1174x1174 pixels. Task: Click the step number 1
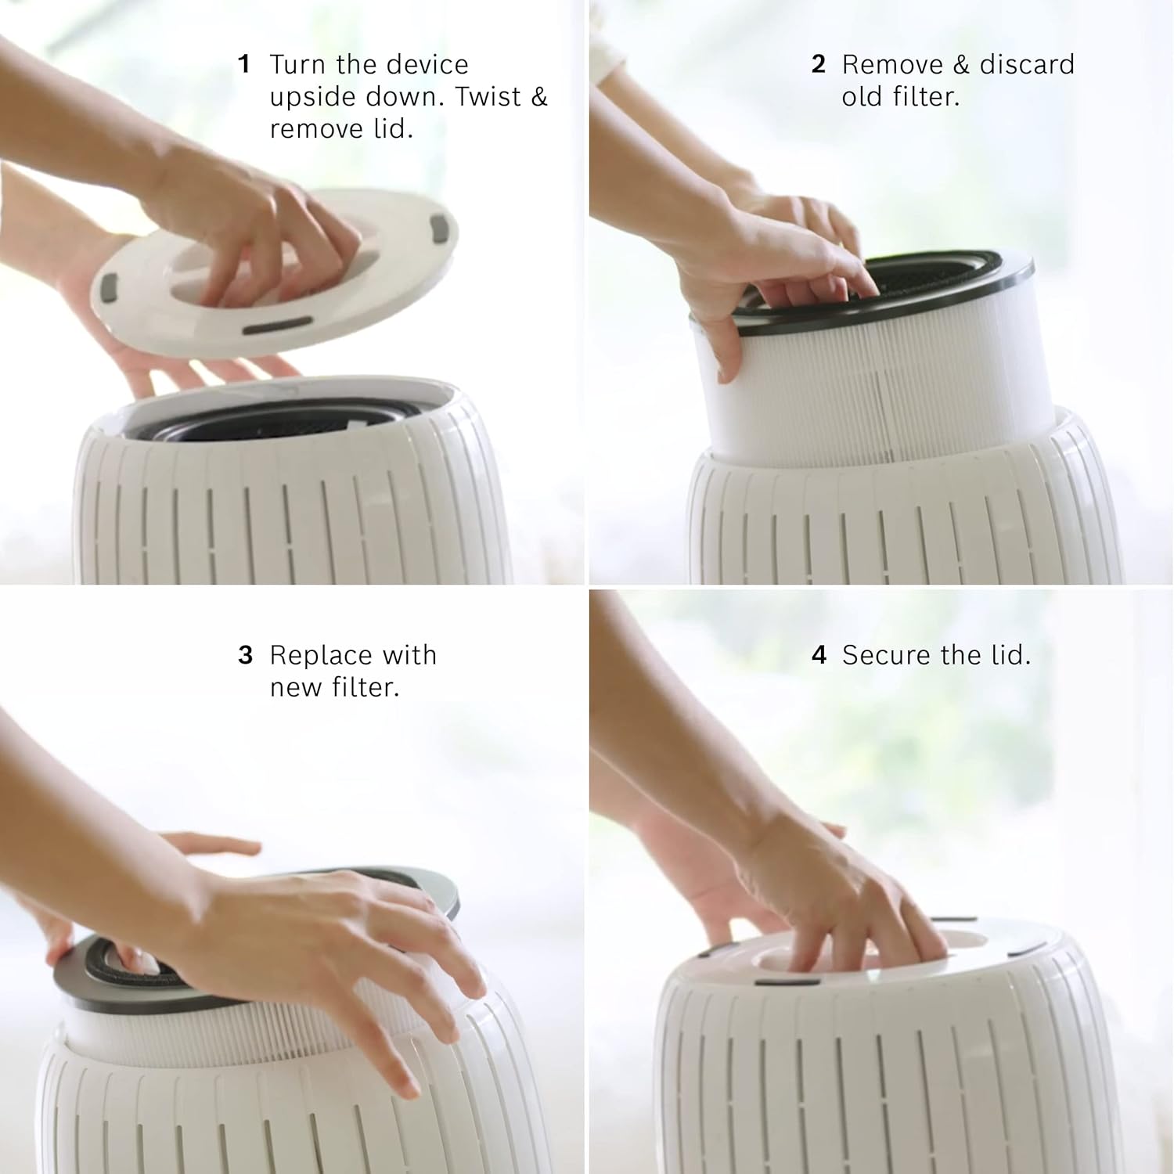pyautogui.click(x=244, y=64)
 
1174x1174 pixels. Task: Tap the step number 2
pyautogui.click(x=819, y=64)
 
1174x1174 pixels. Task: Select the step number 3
pyautogui.click(x=246, y=655)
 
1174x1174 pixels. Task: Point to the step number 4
pyautogui.click(x=819, y=655)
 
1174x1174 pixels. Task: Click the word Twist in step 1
pyautogui.click(x=488, y=97)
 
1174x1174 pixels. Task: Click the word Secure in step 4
pyautogui.click(x=888, y=655)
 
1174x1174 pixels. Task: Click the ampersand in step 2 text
pyautogui.click(x=962, y=64)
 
